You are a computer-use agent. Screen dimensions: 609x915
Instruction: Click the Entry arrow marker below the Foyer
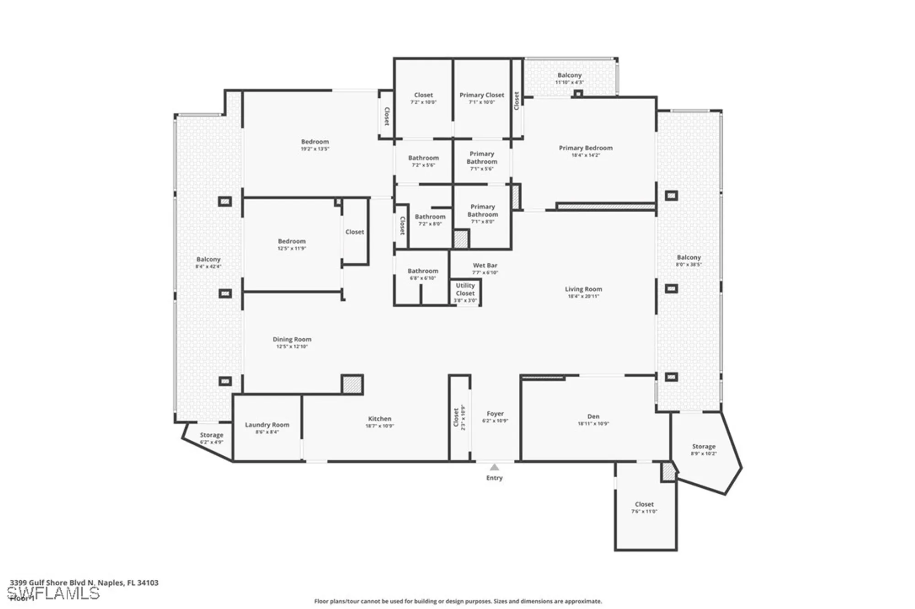click(494, 467)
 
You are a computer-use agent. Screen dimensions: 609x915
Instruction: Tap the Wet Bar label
click(485, 265)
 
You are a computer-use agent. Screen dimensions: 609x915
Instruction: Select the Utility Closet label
click(465, 290)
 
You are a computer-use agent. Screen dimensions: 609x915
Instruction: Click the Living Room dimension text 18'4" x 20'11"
click(583, 296)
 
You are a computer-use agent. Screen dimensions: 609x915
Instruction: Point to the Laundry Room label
click(267, 425)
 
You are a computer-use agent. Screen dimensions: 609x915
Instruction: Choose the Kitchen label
click(379, 419)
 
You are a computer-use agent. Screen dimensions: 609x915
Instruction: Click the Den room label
click(593, 416)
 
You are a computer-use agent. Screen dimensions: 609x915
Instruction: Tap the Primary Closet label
click(482, 95)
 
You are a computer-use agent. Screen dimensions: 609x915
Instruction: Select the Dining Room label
click(292, 340)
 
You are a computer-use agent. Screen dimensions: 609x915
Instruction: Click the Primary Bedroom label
click(585, 148)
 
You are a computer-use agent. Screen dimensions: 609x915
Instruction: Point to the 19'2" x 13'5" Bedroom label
click(315, 142)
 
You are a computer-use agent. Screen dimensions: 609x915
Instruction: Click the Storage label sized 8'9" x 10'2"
click(703, 447)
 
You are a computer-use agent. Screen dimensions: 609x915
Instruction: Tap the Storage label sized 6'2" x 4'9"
click(211, 435)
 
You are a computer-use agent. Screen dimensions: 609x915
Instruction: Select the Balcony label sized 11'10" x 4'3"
click(569, 75)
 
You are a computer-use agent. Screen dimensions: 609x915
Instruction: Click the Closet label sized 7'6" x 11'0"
click(644, 504)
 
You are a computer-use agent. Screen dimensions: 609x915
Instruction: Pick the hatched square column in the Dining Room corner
click(352, 384)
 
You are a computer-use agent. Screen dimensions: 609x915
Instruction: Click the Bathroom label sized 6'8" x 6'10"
click(423, 271)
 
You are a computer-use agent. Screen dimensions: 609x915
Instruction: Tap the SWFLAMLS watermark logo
click(53, 593)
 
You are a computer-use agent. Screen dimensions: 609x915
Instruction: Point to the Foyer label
click(495, 414)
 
